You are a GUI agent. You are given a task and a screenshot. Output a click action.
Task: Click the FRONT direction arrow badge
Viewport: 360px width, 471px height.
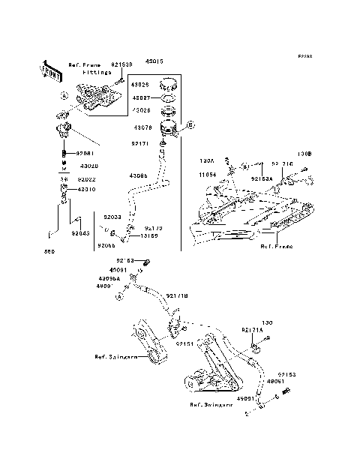coord(50,70)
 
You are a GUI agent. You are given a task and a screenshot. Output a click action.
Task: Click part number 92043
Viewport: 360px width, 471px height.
coord(80,233)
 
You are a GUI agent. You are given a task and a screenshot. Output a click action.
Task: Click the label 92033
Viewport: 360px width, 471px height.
coord(112,216)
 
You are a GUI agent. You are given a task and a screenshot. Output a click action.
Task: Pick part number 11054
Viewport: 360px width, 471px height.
coord(208,174)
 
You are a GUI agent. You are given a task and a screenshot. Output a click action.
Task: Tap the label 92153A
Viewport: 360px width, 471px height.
coord(262,180)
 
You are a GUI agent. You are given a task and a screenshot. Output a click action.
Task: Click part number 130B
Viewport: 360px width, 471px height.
coord(304,154)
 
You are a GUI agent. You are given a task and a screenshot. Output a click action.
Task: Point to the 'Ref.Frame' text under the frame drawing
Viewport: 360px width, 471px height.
coord(275,245)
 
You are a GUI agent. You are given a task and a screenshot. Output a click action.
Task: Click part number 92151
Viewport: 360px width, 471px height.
coord(184,343)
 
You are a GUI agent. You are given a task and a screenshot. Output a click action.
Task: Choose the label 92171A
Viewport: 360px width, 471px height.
coord(252,330)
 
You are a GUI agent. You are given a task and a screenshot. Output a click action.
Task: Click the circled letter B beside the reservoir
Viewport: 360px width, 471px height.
coord(190,124)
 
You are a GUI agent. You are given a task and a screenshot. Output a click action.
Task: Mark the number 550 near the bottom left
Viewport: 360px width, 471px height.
coord(49,251)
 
